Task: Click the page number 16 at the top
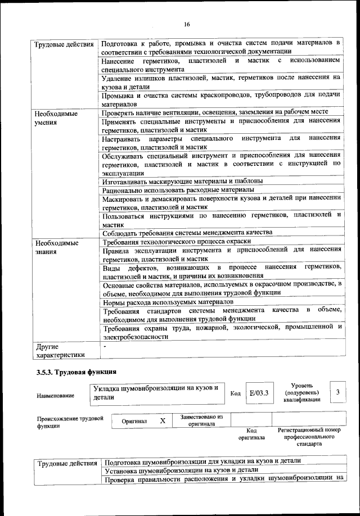187,24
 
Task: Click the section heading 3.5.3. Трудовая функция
76,372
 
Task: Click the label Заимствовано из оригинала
201,420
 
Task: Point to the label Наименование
55,396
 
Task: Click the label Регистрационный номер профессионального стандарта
309,436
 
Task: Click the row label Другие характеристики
60,350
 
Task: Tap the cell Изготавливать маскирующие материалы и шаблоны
182,181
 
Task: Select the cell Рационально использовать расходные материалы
178,190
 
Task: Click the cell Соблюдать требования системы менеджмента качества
187,232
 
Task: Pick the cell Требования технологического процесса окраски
177,241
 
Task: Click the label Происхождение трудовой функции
70,422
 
